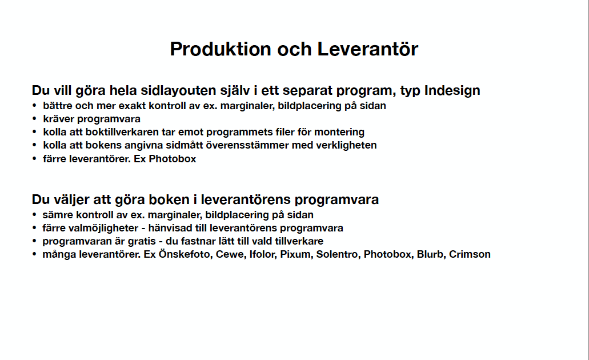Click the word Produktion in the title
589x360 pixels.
pos(221,49)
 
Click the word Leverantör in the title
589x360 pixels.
pos(368,49)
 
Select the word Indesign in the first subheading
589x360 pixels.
pos(452,91)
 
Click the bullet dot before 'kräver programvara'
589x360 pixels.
pos(34,119)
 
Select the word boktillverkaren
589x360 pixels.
pos(122,132)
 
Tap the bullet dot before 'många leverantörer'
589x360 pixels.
pos(34,254)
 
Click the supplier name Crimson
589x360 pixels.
pos(470,254)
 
